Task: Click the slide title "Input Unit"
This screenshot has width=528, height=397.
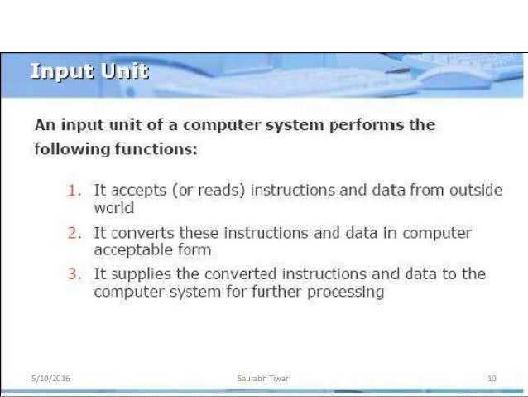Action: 89,72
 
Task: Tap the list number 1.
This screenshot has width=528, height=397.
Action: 74,191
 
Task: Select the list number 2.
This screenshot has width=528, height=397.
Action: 74,233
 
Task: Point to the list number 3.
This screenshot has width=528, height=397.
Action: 74,274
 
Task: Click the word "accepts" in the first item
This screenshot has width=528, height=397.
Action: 136,191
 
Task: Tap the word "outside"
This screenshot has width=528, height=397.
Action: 473,191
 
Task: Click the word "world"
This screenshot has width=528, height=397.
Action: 113,208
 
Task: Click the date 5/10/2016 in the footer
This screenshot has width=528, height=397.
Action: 50,379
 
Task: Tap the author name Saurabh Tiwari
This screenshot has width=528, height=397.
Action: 263,379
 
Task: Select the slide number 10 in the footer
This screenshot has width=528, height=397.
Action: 492,379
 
